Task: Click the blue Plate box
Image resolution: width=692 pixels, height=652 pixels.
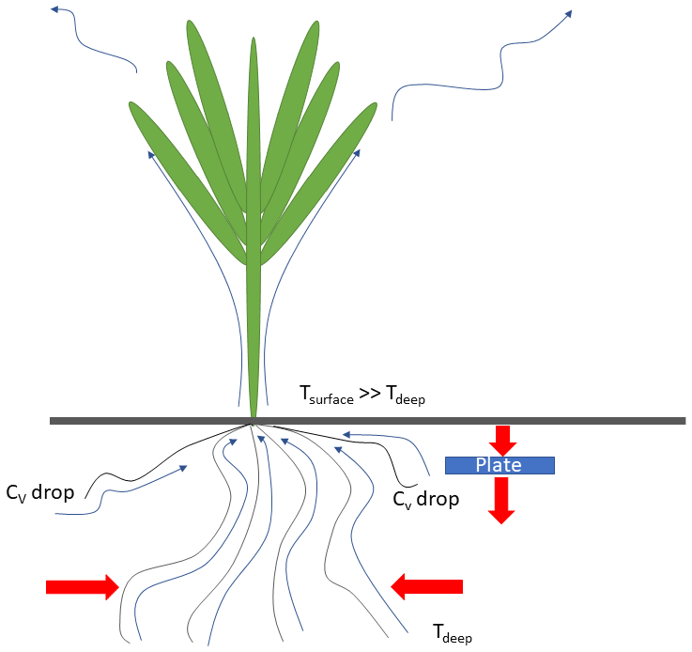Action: pos(500,465)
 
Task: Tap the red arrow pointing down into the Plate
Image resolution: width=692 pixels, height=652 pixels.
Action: pos(502,441)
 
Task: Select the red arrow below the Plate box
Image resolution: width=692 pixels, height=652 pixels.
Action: pos(501,501)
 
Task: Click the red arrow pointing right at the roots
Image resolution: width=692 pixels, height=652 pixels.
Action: pos(83,587)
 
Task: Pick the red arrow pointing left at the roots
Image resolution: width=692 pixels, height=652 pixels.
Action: pos(427,586)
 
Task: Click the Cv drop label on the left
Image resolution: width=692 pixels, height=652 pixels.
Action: pos(39,492)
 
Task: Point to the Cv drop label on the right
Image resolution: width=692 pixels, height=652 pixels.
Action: pos(426,499)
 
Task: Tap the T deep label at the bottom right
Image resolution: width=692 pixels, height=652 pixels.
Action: pos(453,633)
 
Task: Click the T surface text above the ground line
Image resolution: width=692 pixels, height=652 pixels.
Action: pos(327,395)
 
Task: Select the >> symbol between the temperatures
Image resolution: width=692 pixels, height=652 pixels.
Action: pos(370,393)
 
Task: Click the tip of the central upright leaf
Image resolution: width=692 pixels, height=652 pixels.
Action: pos(254,38)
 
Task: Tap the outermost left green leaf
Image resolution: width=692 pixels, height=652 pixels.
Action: pos(188,183)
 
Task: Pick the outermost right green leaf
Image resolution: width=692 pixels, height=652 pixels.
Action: pos(318,183)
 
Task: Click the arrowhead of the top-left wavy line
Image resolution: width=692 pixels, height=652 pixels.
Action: pos(54,8)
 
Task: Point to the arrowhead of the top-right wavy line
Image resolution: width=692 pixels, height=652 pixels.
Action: pos(568,14)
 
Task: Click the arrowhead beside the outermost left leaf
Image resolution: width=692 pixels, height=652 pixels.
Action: pos(151,154)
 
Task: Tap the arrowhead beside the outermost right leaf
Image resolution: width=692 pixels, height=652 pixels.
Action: pos(357,153)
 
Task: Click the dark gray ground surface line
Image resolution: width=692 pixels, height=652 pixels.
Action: pos(368,421)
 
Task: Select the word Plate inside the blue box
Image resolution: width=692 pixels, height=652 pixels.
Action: pos(499,465)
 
